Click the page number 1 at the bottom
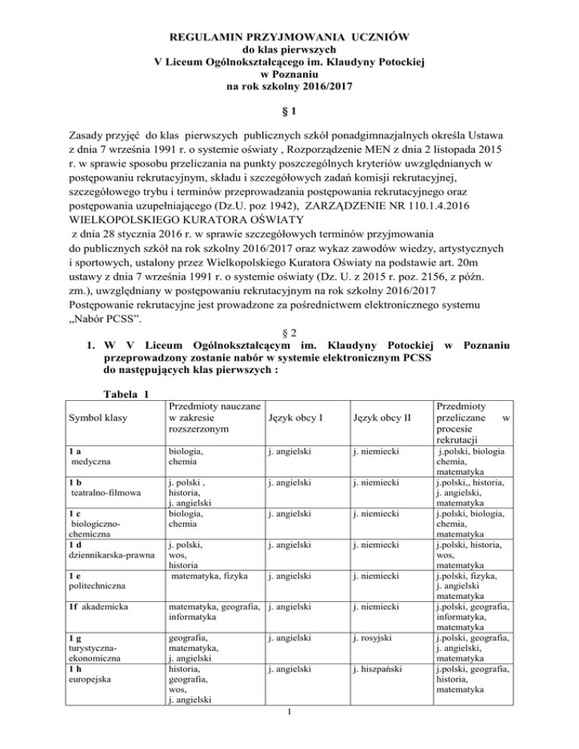point(289,735)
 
